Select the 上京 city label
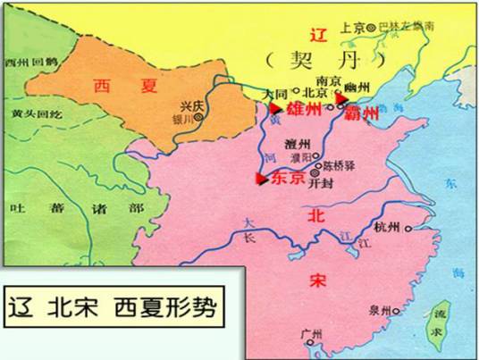pyautogui.click(x=354, y=28)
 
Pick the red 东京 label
pyautogui.click(x=288, y=178)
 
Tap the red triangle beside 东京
pyautogui.click(x=261, y=179)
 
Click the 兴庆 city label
pyautogui.click(x=190, y=105)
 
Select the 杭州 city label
pyautogui.click(x=390, y=227)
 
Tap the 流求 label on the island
pyautogui.click(x=436, y=318)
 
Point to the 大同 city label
pyautogui.click(x=274, y=92)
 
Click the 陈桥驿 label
pyautogui.click(x=339, y=164)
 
